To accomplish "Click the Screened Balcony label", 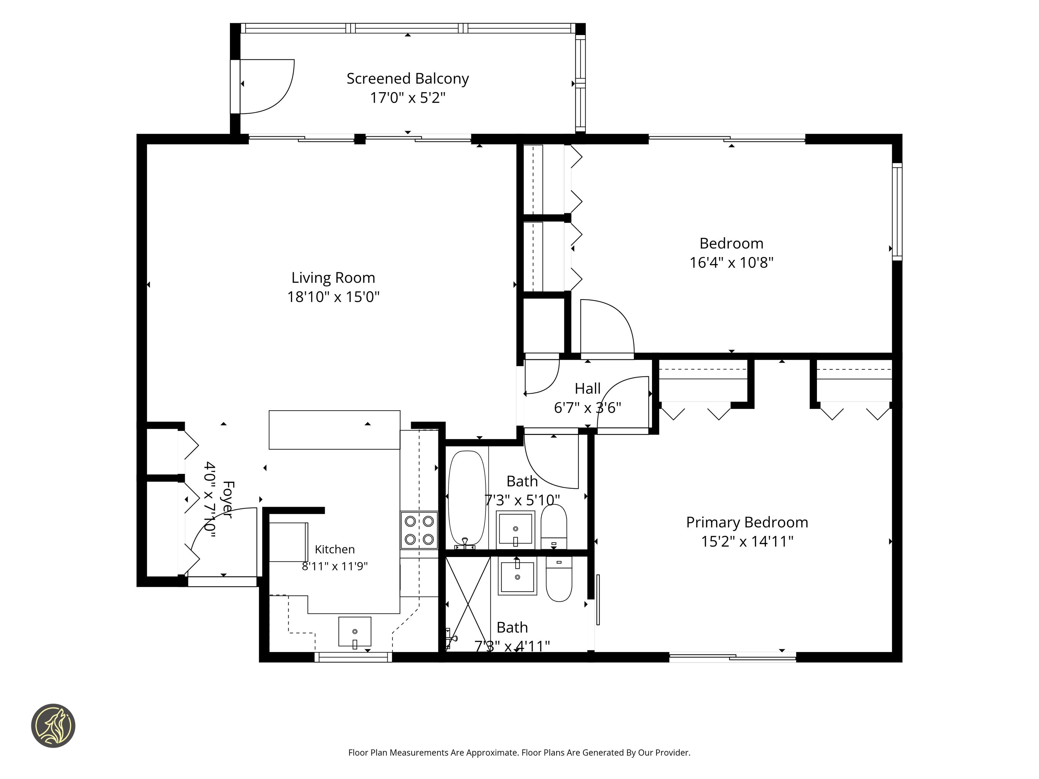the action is (408, 79).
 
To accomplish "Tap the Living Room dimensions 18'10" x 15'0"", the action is (333, 297).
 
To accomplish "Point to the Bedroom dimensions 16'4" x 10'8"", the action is (731, 263).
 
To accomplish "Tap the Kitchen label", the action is (334, 550).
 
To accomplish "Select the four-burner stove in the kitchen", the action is (419, 530).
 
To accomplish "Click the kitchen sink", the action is (355, 632).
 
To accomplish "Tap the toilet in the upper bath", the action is (554, 527).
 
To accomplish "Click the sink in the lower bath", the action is (517, 576).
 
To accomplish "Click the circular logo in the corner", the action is (53, 725).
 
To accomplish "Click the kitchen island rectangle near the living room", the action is (334, 430).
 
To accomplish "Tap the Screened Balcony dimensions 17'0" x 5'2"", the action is (408, 98).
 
